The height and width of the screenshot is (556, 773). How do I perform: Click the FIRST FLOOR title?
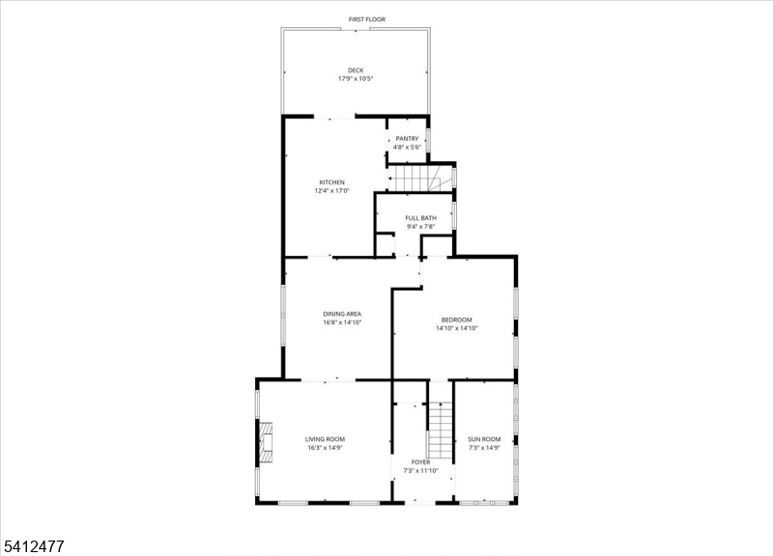pos(367,19)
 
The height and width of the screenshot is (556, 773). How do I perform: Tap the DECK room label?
pos(356,70)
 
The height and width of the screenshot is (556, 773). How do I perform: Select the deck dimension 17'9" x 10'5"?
pos(356,79)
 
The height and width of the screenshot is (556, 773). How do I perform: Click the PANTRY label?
pos(407,139)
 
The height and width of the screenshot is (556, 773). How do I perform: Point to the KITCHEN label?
pos(331,182)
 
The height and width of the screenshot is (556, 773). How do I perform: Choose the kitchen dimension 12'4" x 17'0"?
pos(331,190)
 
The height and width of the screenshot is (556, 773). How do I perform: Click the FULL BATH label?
pos(421,218)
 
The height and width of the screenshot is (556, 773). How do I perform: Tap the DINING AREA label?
pos(342,314)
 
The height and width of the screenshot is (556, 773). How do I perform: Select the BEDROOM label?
pos(456,320)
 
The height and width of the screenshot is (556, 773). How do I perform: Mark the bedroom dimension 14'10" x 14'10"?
pos(456,328)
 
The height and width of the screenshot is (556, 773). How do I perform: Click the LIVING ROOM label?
pos(325,439)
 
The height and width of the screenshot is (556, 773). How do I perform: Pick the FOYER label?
pos(420,462)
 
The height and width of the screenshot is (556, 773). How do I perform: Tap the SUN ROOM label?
pos(484,439)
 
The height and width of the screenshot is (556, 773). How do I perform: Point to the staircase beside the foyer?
pos(440,430)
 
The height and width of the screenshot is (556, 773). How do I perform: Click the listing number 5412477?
pos(34,546)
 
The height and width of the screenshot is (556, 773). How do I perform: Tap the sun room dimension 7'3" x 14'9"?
pos(484,448)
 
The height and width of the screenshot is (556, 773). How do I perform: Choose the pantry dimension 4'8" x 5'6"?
pos(407,148)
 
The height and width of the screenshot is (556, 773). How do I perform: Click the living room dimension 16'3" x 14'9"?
pos(325,448)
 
